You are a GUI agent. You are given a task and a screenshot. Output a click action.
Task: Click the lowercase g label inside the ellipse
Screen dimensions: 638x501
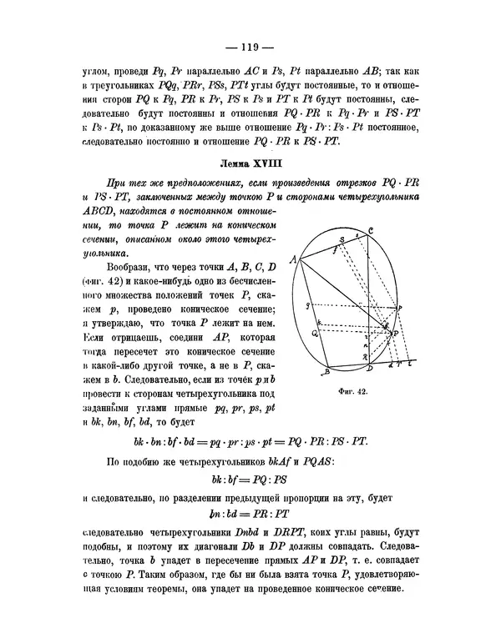pos(309,305)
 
